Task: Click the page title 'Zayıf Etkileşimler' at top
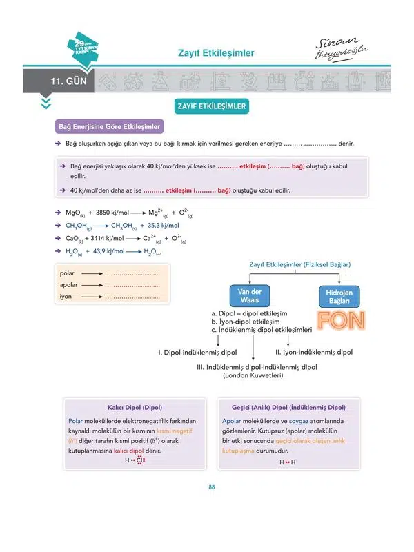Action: pos(216,52)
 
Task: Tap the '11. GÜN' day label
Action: pos(67,82)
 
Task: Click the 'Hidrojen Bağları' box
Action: pos(339,296)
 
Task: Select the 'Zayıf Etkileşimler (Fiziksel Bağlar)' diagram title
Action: pos(299,264)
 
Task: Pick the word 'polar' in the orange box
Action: pos(68,274)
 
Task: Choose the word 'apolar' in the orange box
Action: pos(69,285)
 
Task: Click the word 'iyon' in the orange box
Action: pos(66,297)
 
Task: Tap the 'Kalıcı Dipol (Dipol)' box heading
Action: pos(131,408)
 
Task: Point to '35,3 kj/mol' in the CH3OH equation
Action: pos(159,226)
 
